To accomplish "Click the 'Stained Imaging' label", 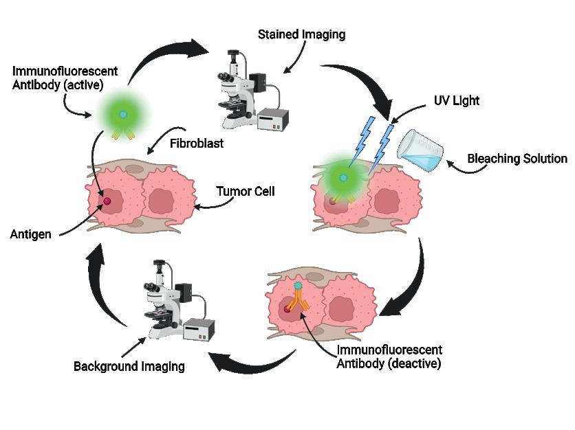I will [x=301, y=34].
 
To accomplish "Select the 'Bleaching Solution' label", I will [x=517, y=159].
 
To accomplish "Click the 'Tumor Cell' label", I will [x=245, y=192].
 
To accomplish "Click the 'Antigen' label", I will [x=30, y=234].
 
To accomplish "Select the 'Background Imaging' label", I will [x=129, y=366].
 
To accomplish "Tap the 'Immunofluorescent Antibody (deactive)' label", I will [x=389, y=357].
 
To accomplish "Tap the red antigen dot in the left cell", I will [x=107, y=201].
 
